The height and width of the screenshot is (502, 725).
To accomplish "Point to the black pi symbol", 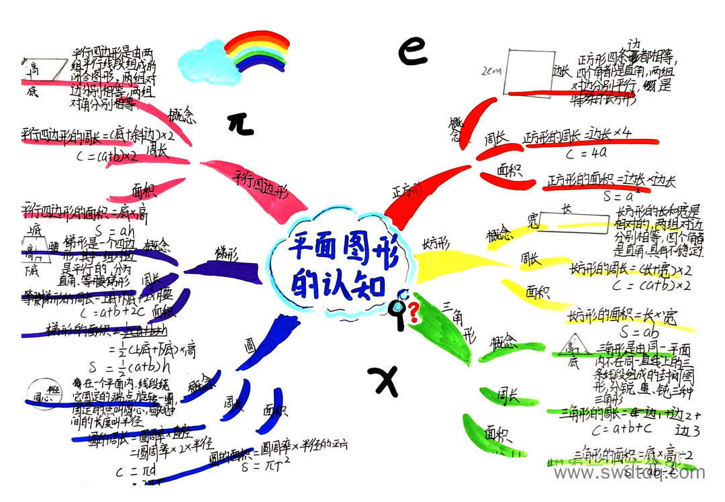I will [x=240, y=123].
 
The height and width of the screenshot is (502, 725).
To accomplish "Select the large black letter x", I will [x=383, y=381].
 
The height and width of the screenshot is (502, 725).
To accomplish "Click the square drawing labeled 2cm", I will [x=528, y=70].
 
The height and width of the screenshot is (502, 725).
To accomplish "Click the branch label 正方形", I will [x=407, y=191].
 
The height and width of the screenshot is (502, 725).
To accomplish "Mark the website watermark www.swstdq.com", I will [x=629, y=473].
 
